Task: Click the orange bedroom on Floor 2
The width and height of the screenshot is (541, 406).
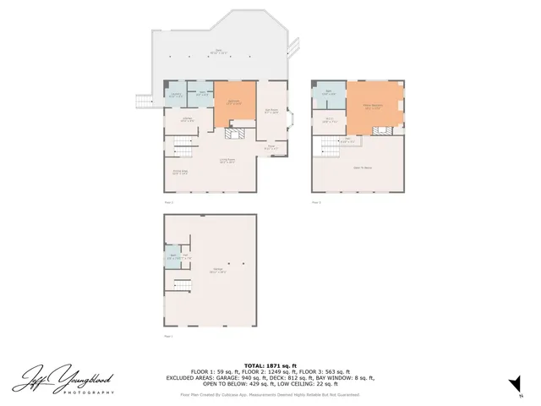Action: (233, 103)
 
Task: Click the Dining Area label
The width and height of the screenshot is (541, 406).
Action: (180, 172)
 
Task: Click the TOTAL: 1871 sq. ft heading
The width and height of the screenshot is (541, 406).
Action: (270, 365)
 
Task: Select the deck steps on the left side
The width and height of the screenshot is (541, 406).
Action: (144, 101)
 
